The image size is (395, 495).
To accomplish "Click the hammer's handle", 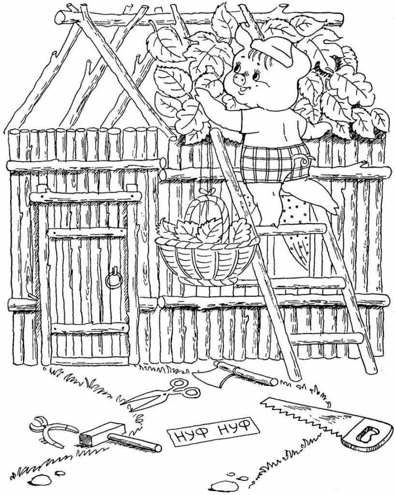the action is [134, 442].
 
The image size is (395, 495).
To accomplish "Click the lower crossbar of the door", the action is [90, 328].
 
